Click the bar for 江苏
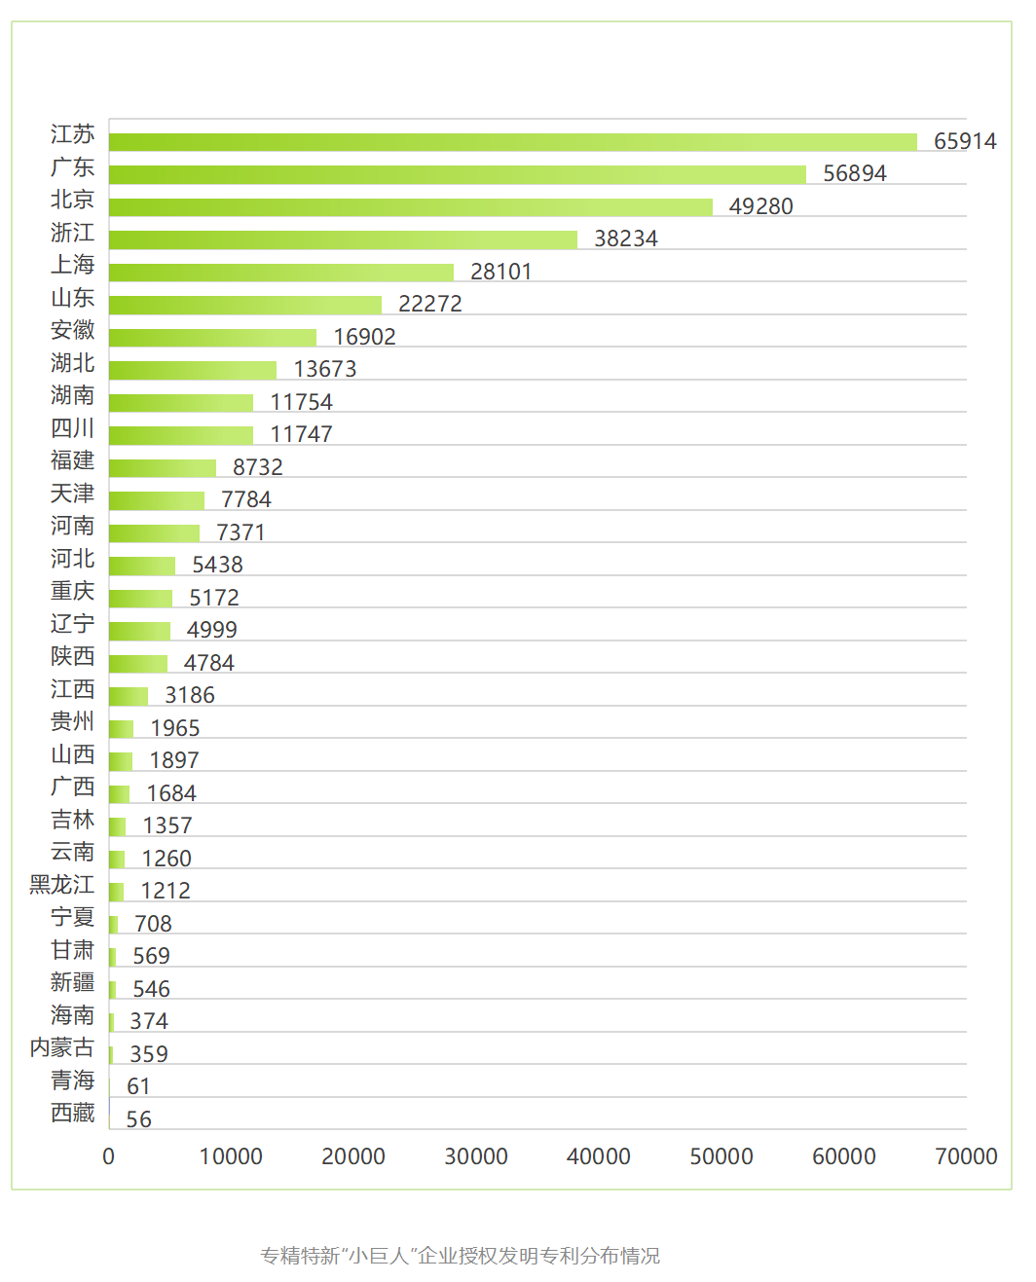pyautogui.click(x=513, y=142)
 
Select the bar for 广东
pyautogui.click(x=458, y=174)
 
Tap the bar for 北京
pyautogui.click(x=411, y=207)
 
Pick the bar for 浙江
pyautogui.click(x=343, y=239)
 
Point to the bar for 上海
pyautogui.click(x=281, y=273)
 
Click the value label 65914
pyautogui.click(x=965, y=141)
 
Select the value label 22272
pyautogui.click(x=430, y=304)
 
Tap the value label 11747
pyautogui.click(x=301, y=434)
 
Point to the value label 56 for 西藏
pyautogui.click(x=138, y=1119)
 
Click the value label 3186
pyautogui.click(x=190, y=695)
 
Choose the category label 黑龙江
pyautogui.click(x=62, y=885)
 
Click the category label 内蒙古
pyautogui.click(x=62, y=1047)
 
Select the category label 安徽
pyautogui.click(x=73, y=330)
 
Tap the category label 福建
pyautogui.click(x=73, y=460)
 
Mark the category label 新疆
pyautogui.click(x=73, y=982)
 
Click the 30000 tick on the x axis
pyautogui.click(x=476, y=1156)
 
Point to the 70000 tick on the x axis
pyautogui.click(x=966, y=1156)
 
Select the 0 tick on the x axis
pyautogui.click(x=109, y=1156)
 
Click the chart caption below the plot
pyautogui.click(x=460, y=1256)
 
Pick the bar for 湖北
pyautogui.click(x=193, y=370)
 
